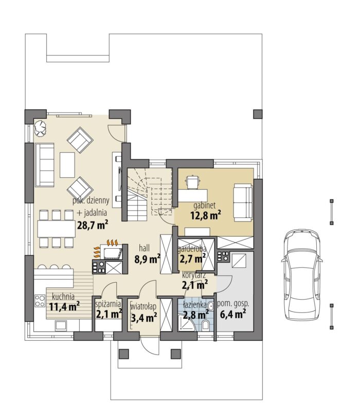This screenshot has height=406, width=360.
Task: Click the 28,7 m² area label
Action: [x=93, y=225]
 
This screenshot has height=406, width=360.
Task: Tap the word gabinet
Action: [x=205, y=206]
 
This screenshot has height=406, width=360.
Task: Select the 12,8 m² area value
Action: [x=206, y=215]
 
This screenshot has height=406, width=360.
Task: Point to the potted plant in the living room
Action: [x=40, y=128]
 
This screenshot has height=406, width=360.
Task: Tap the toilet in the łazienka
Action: [x=206, y=325]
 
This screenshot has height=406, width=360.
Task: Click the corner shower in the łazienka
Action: [x=186, y=323]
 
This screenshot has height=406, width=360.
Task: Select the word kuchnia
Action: [x=63, y=297]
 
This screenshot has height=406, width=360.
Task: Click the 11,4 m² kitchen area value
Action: [x=64, y=307]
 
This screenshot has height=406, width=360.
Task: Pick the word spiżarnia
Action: [x=108, y=304]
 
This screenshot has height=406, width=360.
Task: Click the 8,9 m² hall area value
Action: [x=147, y=259]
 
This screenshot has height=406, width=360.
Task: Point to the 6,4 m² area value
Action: [x=233, y=315]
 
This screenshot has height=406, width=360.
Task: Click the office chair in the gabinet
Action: [x=192, y=182]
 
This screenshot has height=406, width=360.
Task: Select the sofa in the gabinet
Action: [x=243, y=202]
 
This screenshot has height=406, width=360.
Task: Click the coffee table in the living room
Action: [x=67, y=165]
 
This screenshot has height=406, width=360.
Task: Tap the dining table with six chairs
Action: [x=57, y=228]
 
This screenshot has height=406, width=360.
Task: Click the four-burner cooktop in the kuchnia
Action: [x=40, y=301]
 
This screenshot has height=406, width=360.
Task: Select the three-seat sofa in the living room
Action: [x=45, y=165]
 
